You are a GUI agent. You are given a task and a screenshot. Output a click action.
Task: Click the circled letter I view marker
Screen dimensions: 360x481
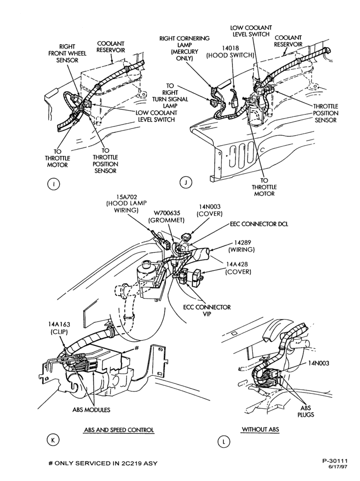[x=53, y=184]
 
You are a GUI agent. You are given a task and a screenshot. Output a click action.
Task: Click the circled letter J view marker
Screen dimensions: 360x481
[x=186, y=182]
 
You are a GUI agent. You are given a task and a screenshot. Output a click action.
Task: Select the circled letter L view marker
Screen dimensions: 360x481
[x=223, y=442]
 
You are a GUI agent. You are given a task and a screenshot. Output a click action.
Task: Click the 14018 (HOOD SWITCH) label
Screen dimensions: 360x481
[x=230, y=51]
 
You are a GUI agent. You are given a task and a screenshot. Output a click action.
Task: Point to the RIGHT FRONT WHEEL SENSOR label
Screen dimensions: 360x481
[x=67, y=53]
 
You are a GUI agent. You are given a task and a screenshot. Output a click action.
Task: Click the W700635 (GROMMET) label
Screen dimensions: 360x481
[x=167, y=216]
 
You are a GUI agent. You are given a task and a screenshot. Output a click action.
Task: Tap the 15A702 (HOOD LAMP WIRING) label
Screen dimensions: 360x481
[x=127, y=203]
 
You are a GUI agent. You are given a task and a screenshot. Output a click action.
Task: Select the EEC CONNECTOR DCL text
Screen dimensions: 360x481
[x=259, y=224]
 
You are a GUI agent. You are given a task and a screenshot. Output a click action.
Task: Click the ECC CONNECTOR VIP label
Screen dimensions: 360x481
[x=207, y=310]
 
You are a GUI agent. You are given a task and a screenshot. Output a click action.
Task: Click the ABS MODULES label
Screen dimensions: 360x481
[x=91, y=409]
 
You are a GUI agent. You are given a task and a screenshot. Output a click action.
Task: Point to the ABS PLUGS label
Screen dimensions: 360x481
[x=306, y=411]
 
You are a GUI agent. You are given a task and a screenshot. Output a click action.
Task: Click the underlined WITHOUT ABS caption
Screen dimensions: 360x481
[x=260, y=429]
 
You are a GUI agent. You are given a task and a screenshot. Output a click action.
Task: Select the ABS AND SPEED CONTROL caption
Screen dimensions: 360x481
[x=119, y=430]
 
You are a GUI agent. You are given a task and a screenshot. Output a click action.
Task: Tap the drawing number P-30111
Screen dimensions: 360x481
[x=335, y=460]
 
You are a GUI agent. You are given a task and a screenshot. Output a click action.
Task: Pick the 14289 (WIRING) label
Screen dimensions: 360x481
[x=242, y=246]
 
